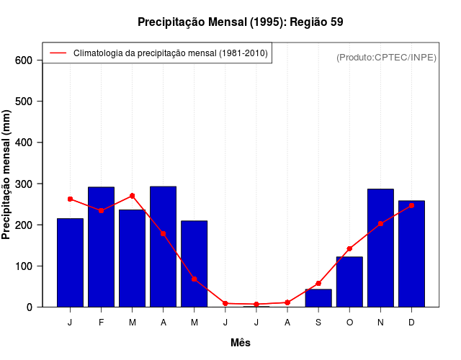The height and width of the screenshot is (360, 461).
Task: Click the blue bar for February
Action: click(x=101, y=247)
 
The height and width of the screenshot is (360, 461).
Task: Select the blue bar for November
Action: click(x=380, y=248)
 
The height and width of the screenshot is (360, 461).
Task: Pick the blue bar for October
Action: click(x=349, y=282)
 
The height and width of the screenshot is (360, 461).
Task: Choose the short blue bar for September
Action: click(x=318, y=298)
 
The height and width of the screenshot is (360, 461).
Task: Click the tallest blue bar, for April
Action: click(x=163, y=246)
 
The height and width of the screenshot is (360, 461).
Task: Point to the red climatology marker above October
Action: click(x=349, y=248)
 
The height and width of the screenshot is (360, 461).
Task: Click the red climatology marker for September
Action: click(x=318, y=283)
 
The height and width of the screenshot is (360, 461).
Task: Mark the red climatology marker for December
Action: click(x=411, y=205)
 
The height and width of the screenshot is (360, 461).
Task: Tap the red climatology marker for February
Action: click(x=101, y=210)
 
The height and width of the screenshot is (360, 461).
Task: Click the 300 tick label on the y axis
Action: click(x=23, y=184)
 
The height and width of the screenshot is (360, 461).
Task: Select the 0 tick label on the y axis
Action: click(x=30, y=307)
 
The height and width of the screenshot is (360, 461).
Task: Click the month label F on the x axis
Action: click(x=101, y=323)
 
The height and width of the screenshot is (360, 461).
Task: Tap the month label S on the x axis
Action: click(x=318, y=323)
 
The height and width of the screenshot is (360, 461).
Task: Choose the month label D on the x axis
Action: click(x=411, y=323)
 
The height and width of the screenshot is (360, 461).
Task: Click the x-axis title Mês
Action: click(x=241, y=343)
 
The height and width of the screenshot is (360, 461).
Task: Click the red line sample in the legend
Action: click(x=58, y=53)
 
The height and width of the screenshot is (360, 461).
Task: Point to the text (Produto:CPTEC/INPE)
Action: click(x=386, y=58)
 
